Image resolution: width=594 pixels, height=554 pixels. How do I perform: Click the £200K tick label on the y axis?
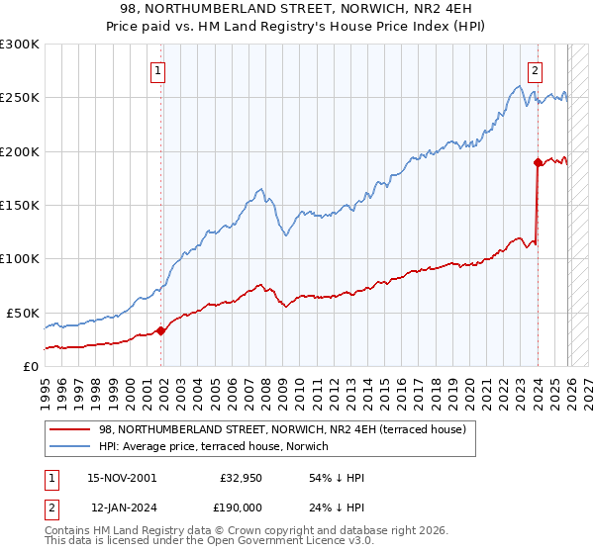click(19, 151)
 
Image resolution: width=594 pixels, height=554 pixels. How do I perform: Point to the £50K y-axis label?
click(22, 313)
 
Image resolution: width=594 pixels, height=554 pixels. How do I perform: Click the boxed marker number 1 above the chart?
click(158, 70)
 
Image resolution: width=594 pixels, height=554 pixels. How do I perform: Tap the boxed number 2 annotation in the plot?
click(535, 70)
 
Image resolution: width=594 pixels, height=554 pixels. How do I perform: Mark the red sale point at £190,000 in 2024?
click(538, 162)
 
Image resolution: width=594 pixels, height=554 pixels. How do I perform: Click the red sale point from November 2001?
click(160, 330)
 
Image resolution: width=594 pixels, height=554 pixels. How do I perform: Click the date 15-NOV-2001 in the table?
click(122, 478)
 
